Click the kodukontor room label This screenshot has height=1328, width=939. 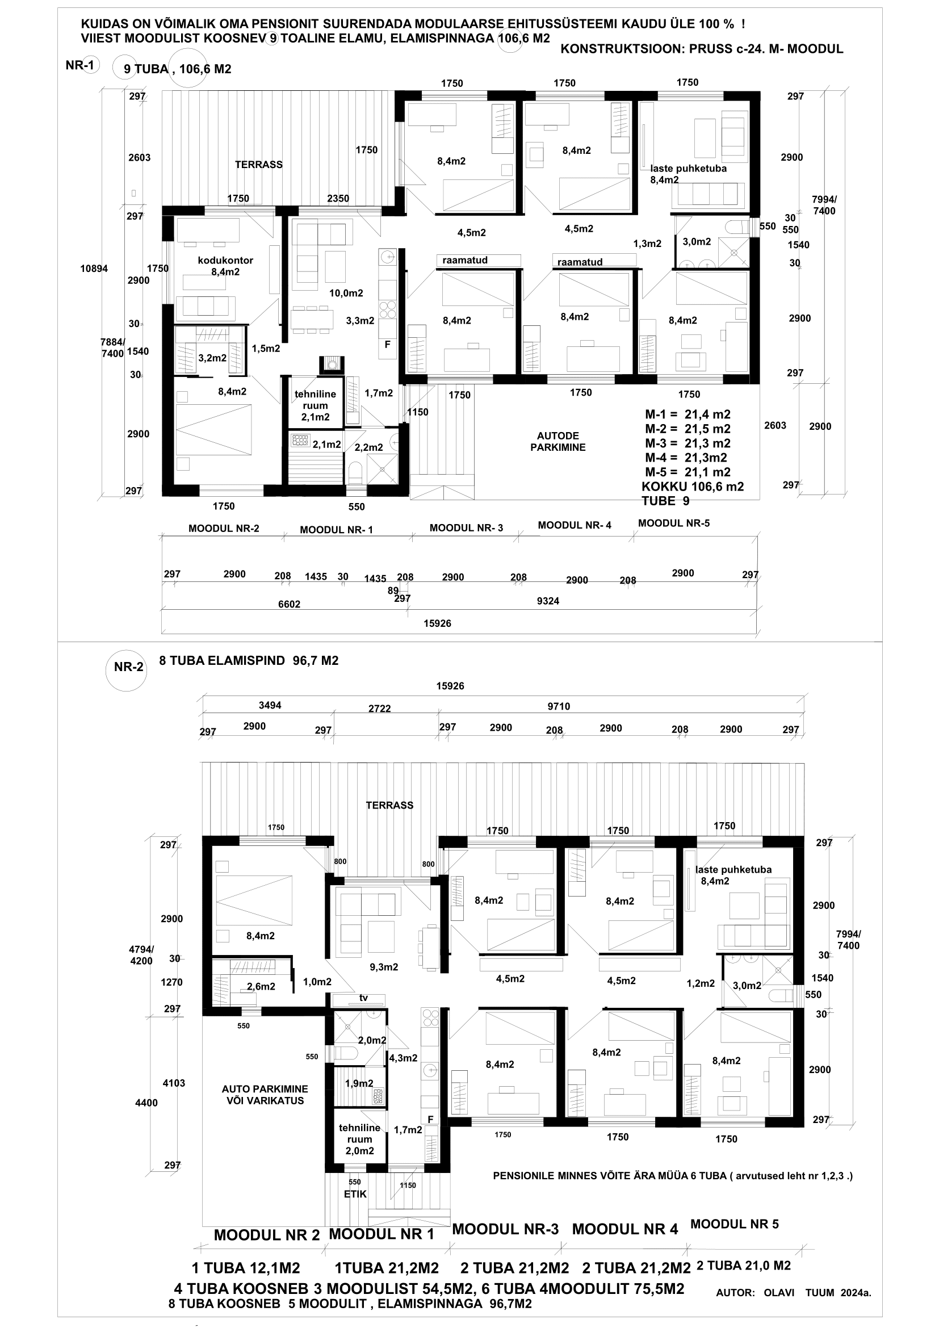coord(225,260)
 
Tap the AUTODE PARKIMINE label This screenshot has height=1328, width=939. coord(558,441)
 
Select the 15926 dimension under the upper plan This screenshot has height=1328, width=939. coord(437,623)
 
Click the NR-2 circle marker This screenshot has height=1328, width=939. coord(127,667)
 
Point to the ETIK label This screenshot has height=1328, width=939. coord(355,1195)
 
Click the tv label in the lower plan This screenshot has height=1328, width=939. coord(364,998)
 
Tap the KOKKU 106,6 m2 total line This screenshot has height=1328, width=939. coord(693,487)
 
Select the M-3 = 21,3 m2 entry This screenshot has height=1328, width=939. coord(688,443)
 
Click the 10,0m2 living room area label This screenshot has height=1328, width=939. coord(346,293)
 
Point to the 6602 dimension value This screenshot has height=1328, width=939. coord(289,604)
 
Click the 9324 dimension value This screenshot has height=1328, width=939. coord(548,601)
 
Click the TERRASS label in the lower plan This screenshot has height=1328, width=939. coord(389,805)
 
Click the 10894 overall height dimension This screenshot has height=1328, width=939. coord(94,269)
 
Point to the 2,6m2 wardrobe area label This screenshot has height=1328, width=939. coord(261,986)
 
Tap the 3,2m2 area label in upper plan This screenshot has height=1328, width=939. coord(212,358)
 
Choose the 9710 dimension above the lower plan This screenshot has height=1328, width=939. coord(559,706)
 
